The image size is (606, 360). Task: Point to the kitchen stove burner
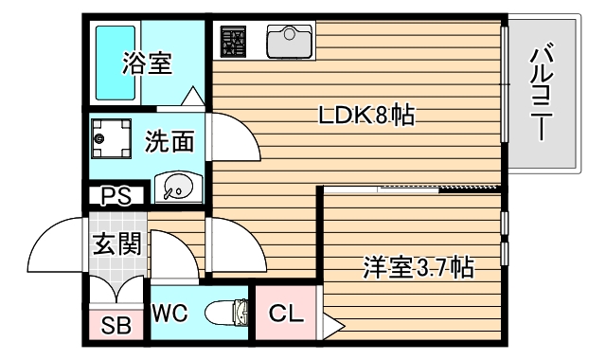tap(234, 40)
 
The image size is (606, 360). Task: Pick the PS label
tap(116, 198)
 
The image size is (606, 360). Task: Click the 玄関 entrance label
tap(116, 244)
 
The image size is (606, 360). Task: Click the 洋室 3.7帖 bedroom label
tap(417, 268)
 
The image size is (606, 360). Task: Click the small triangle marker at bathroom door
tap(191, 98)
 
